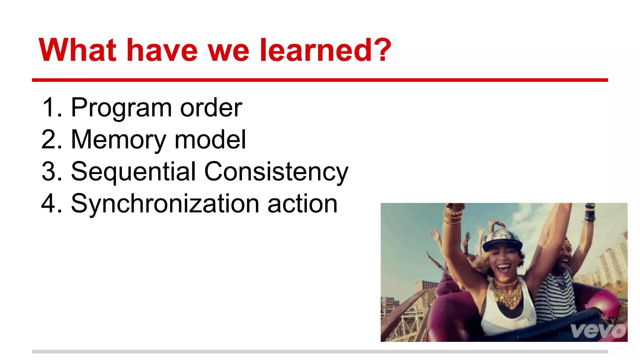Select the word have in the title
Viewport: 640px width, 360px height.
[x=162, y=50]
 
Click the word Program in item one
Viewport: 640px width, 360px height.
[x=121, y=108]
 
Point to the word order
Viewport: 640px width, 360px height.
[x=211, y=108]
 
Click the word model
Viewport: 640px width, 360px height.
[x=210, y=140]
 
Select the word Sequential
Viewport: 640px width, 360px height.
[x=133, y=172]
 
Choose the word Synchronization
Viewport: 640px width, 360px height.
[x=165, y=204]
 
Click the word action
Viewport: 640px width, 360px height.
[x=302, y=204]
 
